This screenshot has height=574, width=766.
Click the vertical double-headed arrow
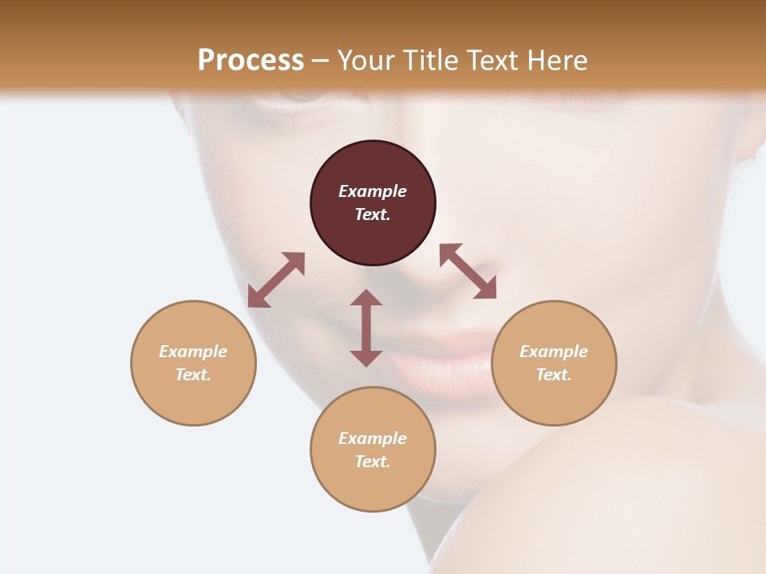point(366,328)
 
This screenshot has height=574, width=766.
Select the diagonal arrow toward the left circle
point(276,280)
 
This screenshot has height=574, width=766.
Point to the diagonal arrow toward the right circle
point(468,271)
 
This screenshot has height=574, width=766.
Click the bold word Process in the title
point(251,60)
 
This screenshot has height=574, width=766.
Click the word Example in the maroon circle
point(373,191)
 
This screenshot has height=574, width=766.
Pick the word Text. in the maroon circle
point(373,214)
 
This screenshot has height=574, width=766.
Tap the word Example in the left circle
point(193,352)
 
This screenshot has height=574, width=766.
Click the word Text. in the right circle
point(554,375)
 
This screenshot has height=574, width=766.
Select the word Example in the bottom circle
point(373,438)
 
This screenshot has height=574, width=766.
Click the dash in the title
point(321,61)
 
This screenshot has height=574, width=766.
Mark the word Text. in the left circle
point(193,375)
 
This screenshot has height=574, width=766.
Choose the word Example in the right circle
point(554,352)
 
